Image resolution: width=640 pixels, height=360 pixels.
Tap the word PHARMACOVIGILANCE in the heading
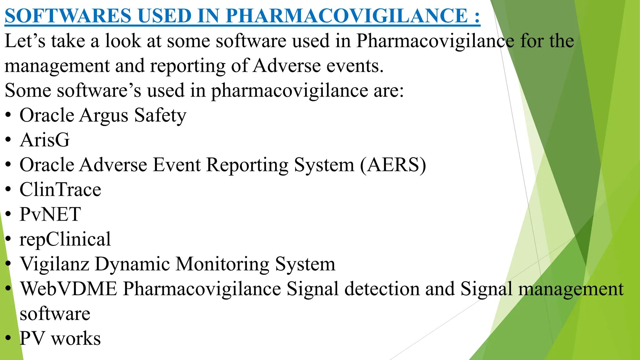347,16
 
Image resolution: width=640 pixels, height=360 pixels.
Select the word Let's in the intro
25,41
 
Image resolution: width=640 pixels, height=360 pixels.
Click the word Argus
104,116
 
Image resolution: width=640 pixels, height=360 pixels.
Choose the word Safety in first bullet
160,116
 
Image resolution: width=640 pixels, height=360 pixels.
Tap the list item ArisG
45,140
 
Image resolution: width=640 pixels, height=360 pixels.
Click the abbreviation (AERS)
393,165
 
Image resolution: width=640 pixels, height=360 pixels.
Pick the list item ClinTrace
60,189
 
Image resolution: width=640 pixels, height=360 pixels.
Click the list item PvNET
50,214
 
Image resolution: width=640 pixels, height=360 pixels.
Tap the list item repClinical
65,239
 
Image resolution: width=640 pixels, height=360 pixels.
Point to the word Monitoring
222,264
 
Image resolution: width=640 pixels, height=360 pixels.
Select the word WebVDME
69,288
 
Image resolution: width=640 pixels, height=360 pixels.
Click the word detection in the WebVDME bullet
382,288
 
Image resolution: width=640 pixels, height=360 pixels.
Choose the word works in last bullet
76,338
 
